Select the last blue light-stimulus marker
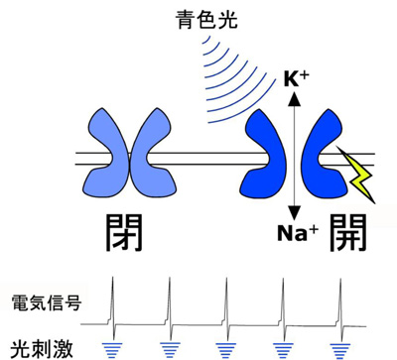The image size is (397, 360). point(340,346)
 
